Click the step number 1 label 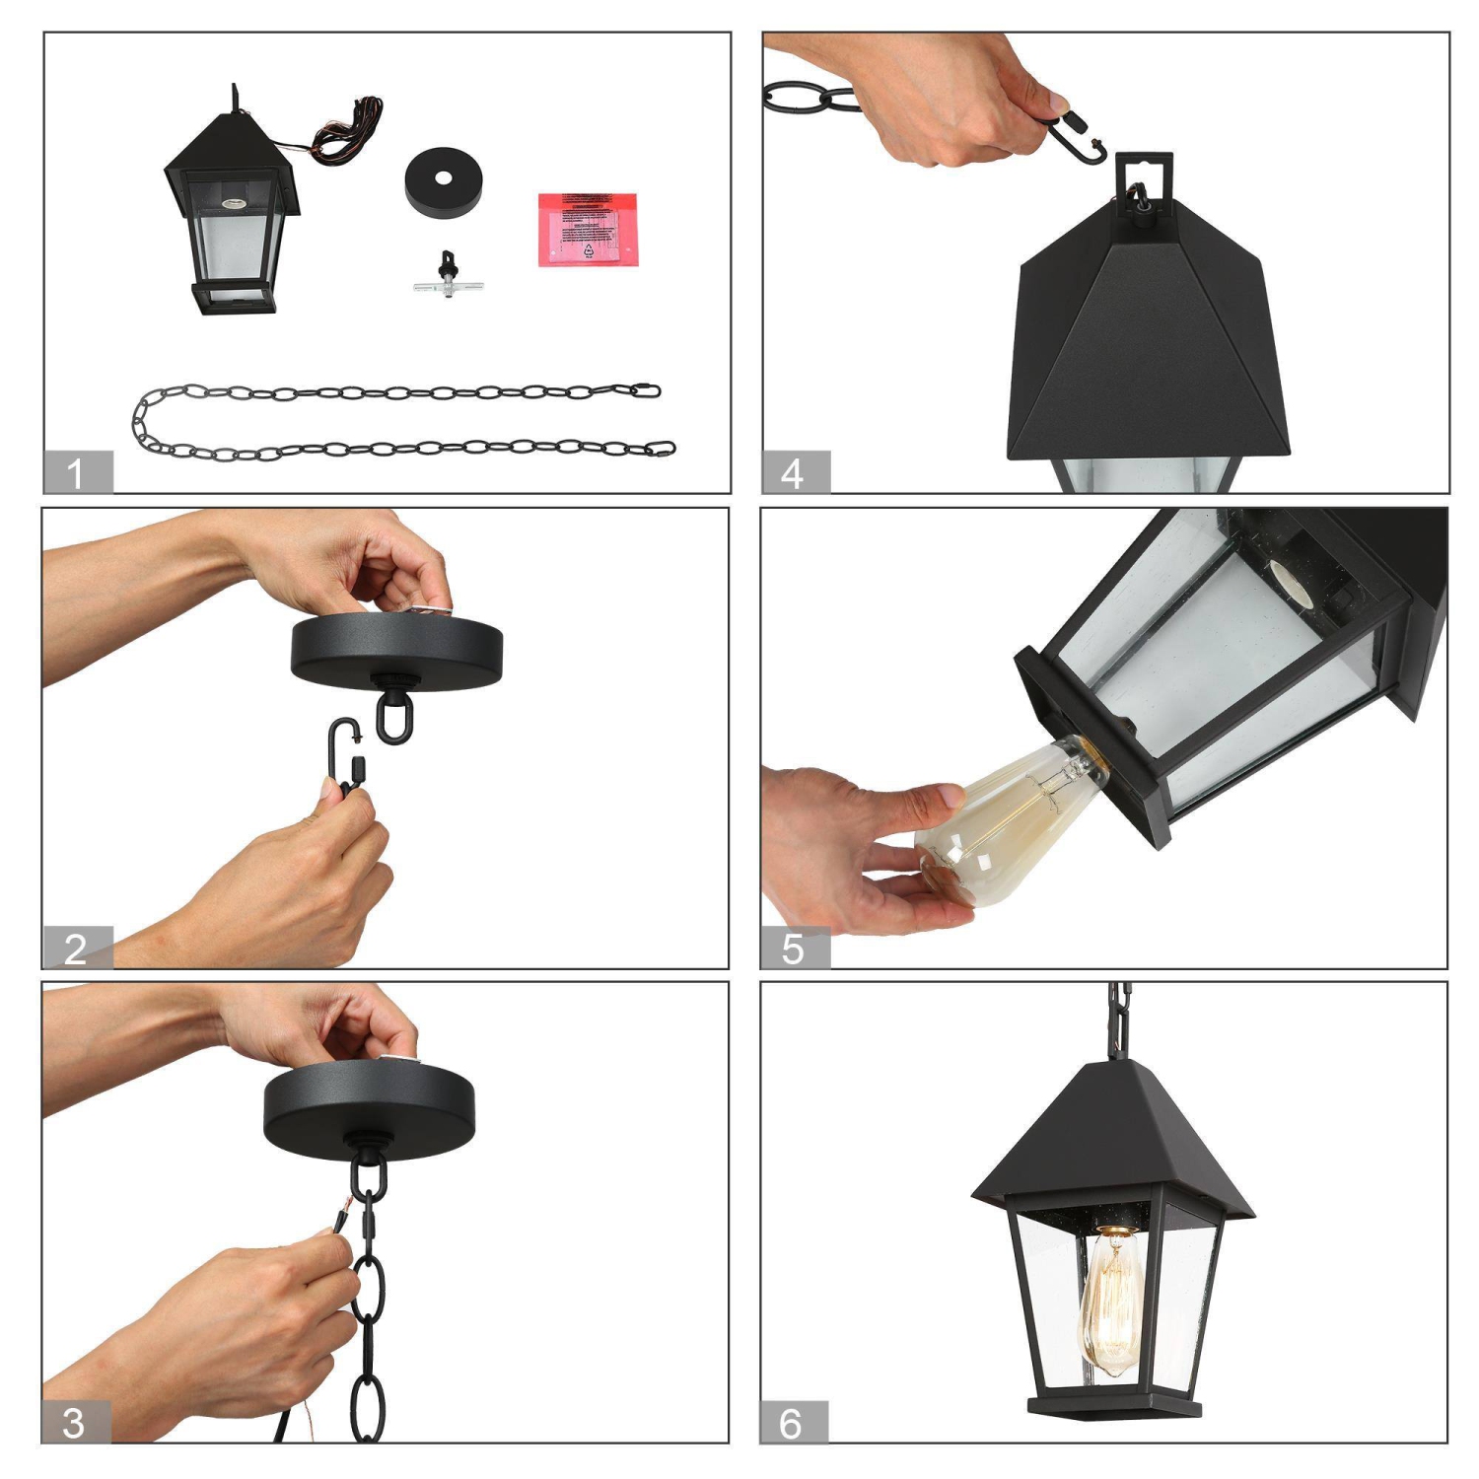coord(77,472)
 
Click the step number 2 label coord(77,948)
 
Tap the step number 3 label coord(75,1422)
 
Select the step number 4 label coord(795,472)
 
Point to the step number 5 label coord(794,948)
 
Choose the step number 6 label coord(793,1422)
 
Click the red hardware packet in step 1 coord(588,229)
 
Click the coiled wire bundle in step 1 coord(345,128)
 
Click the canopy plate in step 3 coord(369,1109)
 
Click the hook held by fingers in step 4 coord(1075,138)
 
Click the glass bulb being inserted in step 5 coord(1006,818)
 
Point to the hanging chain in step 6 coord(1119,1021)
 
